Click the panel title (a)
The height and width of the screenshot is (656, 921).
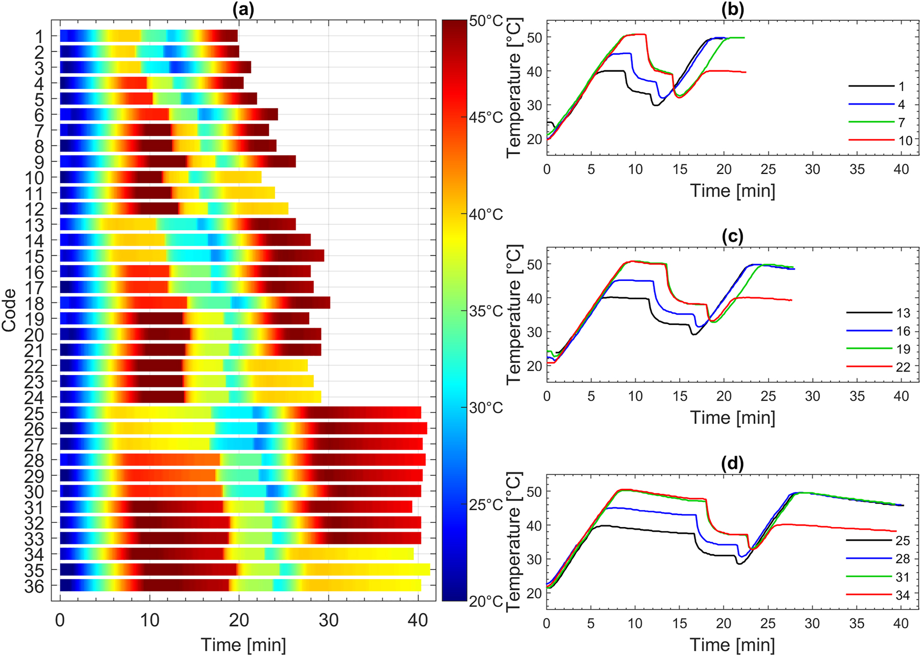(243, 10)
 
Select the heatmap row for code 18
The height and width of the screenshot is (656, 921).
(194, 302)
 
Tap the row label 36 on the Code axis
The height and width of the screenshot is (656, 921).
(34, 586)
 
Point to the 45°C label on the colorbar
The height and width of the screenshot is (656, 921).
(486, 118)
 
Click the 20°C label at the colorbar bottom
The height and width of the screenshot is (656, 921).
(486, 601)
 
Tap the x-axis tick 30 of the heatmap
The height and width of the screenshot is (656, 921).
(328, 621)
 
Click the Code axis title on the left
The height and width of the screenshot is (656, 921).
(9, 310)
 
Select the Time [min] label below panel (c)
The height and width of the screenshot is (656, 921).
(732, 418)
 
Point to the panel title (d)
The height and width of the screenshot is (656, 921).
(732, 464)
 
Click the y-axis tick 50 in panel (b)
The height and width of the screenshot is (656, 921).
(534, 37)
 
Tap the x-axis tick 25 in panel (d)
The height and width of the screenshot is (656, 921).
(768, 623)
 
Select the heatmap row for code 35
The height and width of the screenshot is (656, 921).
(244, 570)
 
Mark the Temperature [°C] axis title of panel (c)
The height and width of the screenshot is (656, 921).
(514, 314)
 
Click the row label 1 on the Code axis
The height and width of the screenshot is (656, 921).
(40, 36)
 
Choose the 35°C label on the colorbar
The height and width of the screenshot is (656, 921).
(486, 311)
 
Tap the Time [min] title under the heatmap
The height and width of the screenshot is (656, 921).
(243, 645)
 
